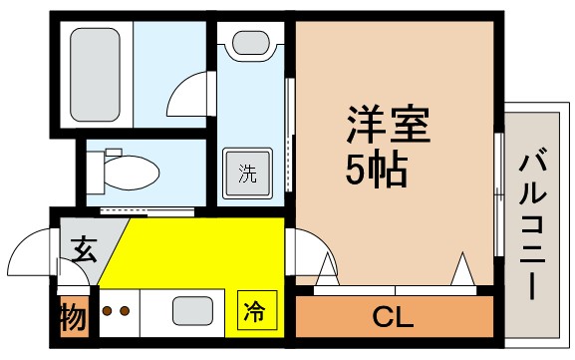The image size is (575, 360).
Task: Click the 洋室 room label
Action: pyautogui.click(x=389, y=129)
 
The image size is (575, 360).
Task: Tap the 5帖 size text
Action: pyautogui.click(x=377, y=172)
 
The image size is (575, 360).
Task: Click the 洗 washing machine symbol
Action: pyautogui.click(x=246, y=172)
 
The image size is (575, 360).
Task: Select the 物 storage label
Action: pyautogui.click(x=71, y=318)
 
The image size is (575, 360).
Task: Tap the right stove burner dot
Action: pyautogui.click(x=125, y=310)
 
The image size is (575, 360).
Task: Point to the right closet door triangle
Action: pyautogui.click(x=461, y=269)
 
